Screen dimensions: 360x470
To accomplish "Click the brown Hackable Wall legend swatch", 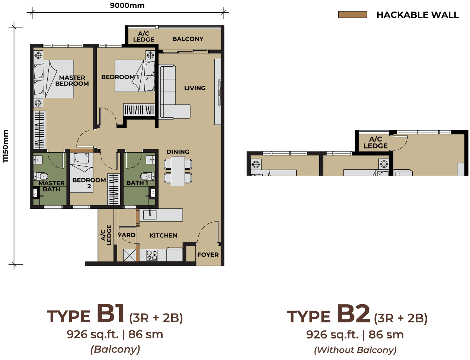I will tap(352, 15).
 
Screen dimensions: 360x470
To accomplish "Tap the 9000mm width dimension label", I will tap(127, 6).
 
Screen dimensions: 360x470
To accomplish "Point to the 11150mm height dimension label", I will tap(6, 146).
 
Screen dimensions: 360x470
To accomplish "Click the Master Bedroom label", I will tap(72, 80).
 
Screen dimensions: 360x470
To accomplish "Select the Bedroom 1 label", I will tap(120, 77).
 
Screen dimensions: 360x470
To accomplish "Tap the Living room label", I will tap(195, 88).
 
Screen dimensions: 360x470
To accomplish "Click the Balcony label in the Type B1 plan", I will tap(188, 39).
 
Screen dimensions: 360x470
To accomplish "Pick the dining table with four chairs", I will tap(178, 171).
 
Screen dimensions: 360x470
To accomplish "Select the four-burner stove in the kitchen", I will tap(152, 255).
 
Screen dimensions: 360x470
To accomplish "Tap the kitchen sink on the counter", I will tap(150, 214).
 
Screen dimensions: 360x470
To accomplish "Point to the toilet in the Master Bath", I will tap(41, 176).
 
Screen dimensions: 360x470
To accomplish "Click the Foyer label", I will tap(208, 255).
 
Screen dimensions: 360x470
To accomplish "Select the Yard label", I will tap(127, 235).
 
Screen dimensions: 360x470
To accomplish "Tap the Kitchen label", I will tap(163, 236).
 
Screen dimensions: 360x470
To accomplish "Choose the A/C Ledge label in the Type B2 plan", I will tap(375, 143).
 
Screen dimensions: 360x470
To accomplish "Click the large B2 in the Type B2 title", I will tap(353, 314).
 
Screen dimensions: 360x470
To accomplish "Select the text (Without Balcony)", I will tap(355, 350).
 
